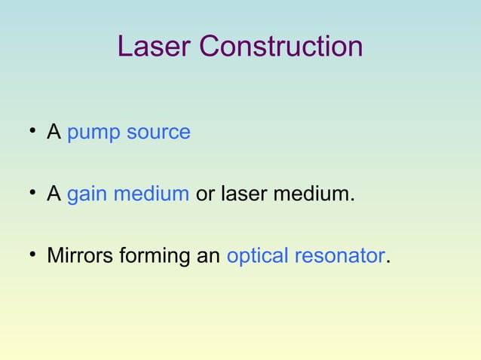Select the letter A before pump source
point(54,133)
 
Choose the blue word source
point(158,133)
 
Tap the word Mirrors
point(78,256)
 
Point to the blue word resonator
point(339,257)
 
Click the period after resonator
point(388,263)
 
